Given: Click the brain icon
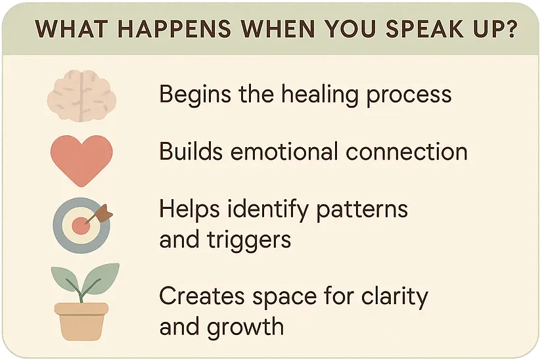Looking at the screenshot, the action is (81, 96).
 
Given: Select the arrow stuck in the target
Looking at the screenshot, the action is (99, 214).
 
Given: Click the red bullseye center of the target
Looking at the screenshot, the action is (81, 226).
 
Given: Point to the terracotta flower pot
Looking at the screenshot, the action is (81, 321).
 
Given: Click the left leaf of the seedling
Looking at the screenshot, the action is (65, 279).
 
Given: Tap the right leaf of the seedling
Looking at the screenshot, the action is (101, 279).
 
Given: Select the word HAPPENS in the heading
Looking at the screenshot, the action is (174, 29).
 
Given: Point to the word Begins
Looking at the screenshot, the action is (195, 95).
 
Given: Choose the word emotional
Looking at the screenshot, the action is (284, 152).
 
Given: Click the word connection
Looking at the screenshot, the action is (407, 152).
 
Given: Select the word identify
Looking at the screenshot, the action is (268, 210).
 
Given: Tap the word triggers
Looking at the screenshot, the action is (249, 240).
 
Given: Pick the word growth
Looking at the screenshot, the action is (245, 326).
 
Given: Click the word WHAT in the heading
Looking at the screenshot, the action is (72, 29).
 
